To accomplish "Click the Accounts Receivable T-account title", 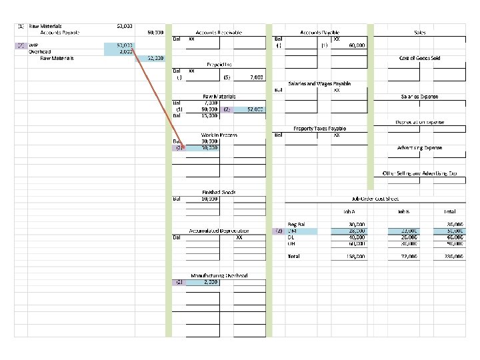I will tap(219, 32).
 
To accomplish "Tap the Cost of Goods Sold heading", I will tap(419, 58).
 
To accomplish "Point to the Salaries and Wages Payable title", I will tap(319, 83).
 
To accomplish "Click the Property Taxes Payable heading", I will tap(319, 128).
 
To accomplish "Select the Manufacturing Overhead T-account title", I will tap(219, 275).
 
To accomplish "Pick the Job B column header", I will tap(403, 212).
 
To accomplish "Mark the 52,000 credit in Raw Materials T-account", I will tap(255, 109).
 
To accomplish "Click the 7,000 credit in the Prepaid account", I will tap(256, 77).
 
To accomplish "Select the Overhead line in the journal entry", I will tap(39, 51).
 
